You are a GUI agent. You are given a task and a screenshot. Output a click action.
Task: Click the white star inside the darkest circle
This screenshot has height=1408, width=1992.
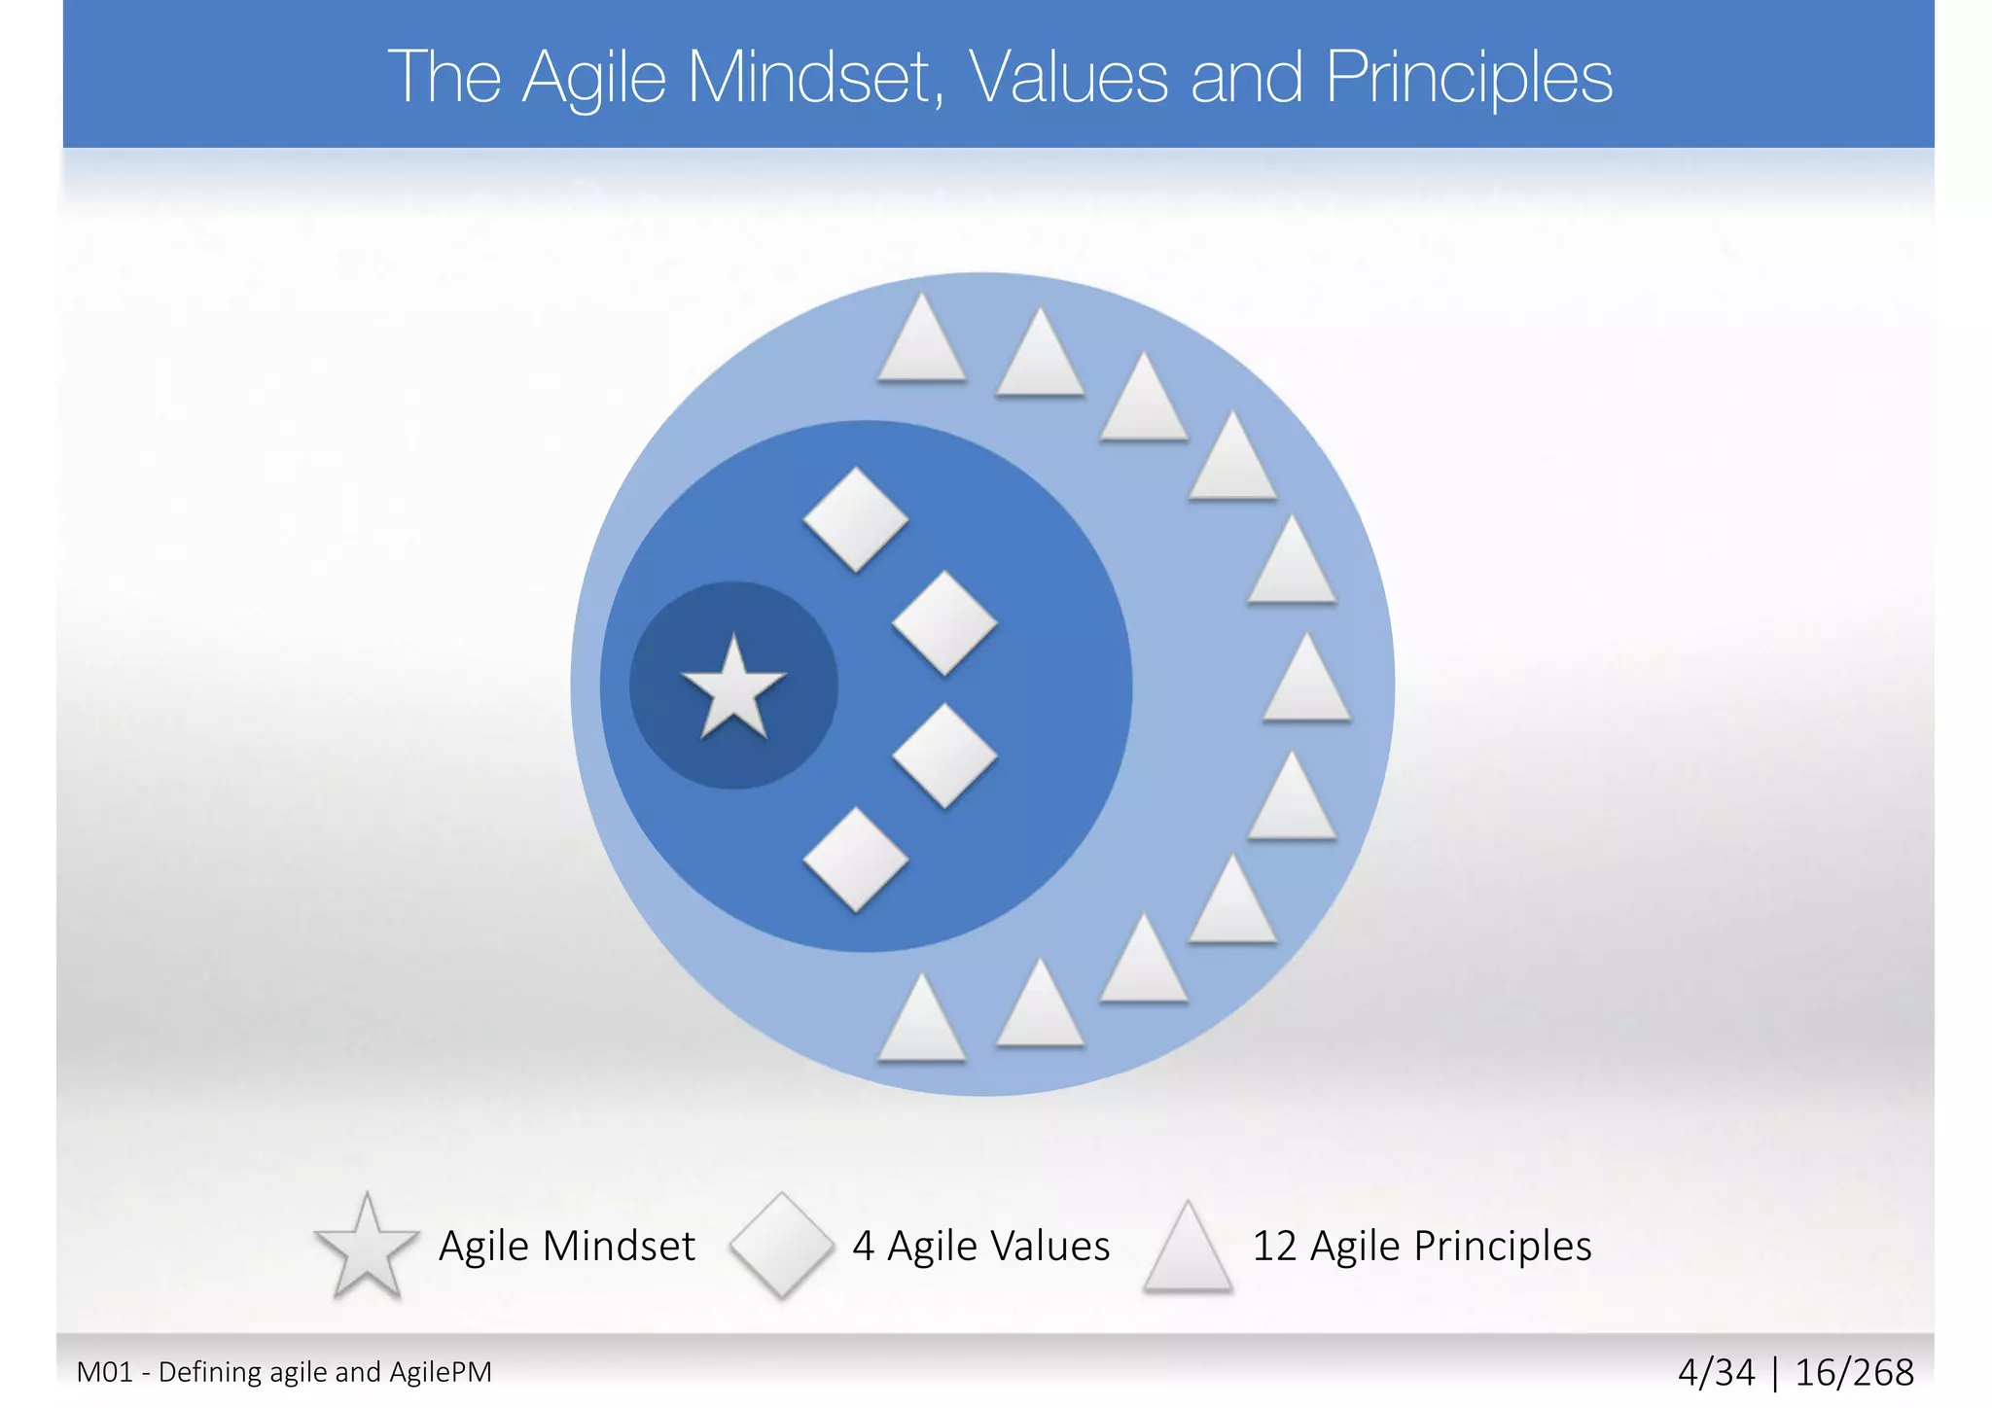click(733, 687)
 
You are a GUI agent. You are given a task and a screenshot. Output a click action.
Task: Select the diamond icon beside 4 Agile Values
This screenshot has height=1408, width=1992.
click(781, 1246)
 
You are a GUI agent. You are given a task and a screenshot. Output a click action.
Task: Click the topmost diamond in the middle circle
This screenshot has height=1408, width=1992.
click(856, 519)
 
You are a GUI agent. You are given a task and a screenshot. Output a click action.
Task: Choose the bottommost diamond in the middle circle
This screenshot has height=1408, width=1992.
click(856, 860)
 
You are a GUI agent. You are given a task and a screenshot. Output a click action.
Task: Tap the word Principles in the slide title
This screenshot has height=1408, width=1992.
click(1469, 77)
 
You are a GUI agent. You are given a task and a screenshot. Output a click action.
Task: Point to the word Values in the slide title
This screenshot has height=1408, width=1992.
click(1069, 77)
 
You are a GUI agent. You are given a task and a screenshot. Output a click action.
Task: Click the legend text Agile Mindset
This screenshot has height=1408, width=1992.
click(567, 1246)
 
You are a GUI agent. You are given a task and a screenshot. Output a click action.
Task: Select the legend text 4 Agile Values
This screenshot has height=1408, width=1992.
click(980, 1246)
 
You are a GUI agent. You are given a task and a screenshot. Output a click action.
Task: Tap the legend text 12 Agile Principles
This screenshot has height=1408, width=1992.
click(1421, 1246)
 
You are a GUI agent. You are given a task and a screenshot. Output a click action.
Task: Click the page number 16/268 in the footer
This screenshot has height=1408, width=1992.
click(1854, 1373)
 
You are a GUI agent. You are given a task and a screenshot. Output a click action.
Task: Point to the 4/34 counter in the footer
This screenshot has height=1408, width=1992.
click(1717, 1373)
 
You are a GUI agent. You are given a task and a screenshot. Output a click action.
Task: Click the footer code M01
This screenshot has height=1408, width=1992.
click(104, 1372)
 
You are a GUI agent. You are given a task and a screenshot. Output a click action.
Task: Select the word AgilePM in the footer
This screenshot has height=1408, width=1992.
click(441, 1372)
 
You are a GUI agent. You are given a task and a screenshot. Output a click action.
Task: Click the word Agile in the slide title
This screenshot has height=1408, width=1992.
click(594, 79)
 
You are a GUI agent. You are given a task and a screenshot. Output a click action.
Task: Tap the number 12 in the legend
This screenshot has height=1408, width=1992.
click(1273, 1246)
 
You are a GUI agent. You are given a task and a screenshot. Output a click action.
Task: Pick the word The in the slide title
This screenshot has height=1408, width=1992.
click(445, 77)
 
